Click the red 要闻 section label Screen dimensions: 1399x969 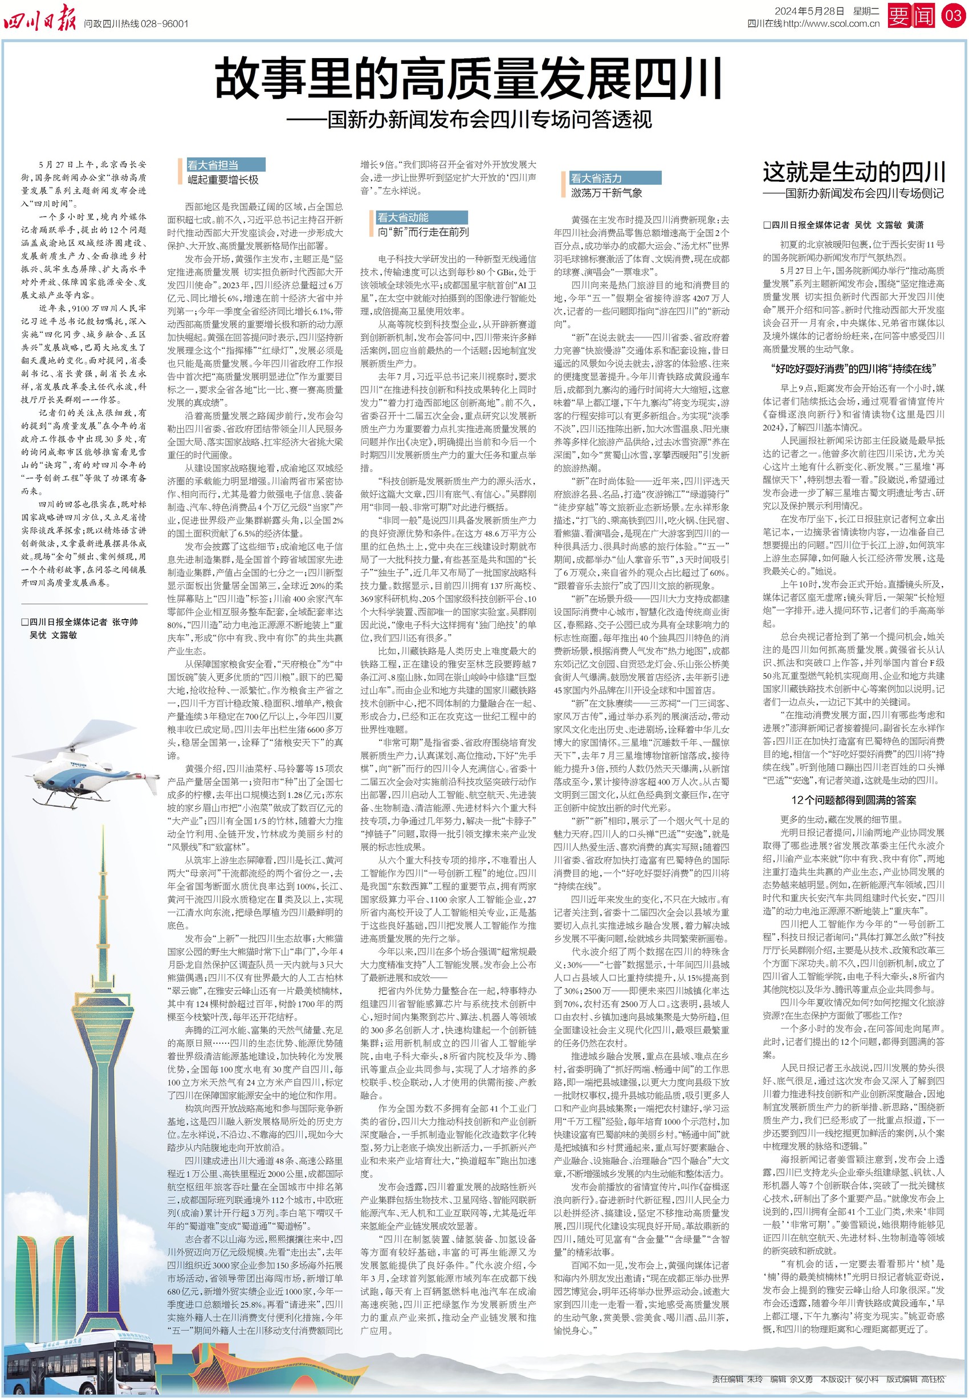(x=911, y=16)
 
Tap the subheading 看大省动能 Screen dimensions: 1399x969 (x=402, y=217)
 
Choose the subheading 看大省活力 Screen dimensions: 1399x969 (x=596, y=178)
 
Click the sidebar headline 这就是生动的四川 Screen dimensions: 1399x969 (x=854, y=172)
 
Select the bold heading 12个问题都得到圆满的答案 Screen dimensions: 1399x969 (x=854, y=800)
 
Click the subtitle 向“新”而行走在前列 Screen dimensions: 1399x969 (x=423, y=232)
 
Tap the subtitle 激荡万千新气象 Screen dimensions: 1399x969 (x=606, y=193)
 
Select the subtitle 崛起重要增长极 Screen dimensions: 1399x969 (x=223, y=180)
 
